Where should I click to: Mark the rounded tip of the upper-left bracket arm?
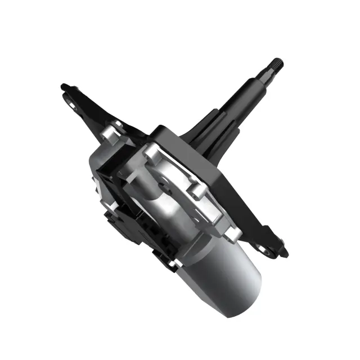point(64,87)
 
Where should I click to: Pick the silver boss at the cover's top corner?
point(151,151)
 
